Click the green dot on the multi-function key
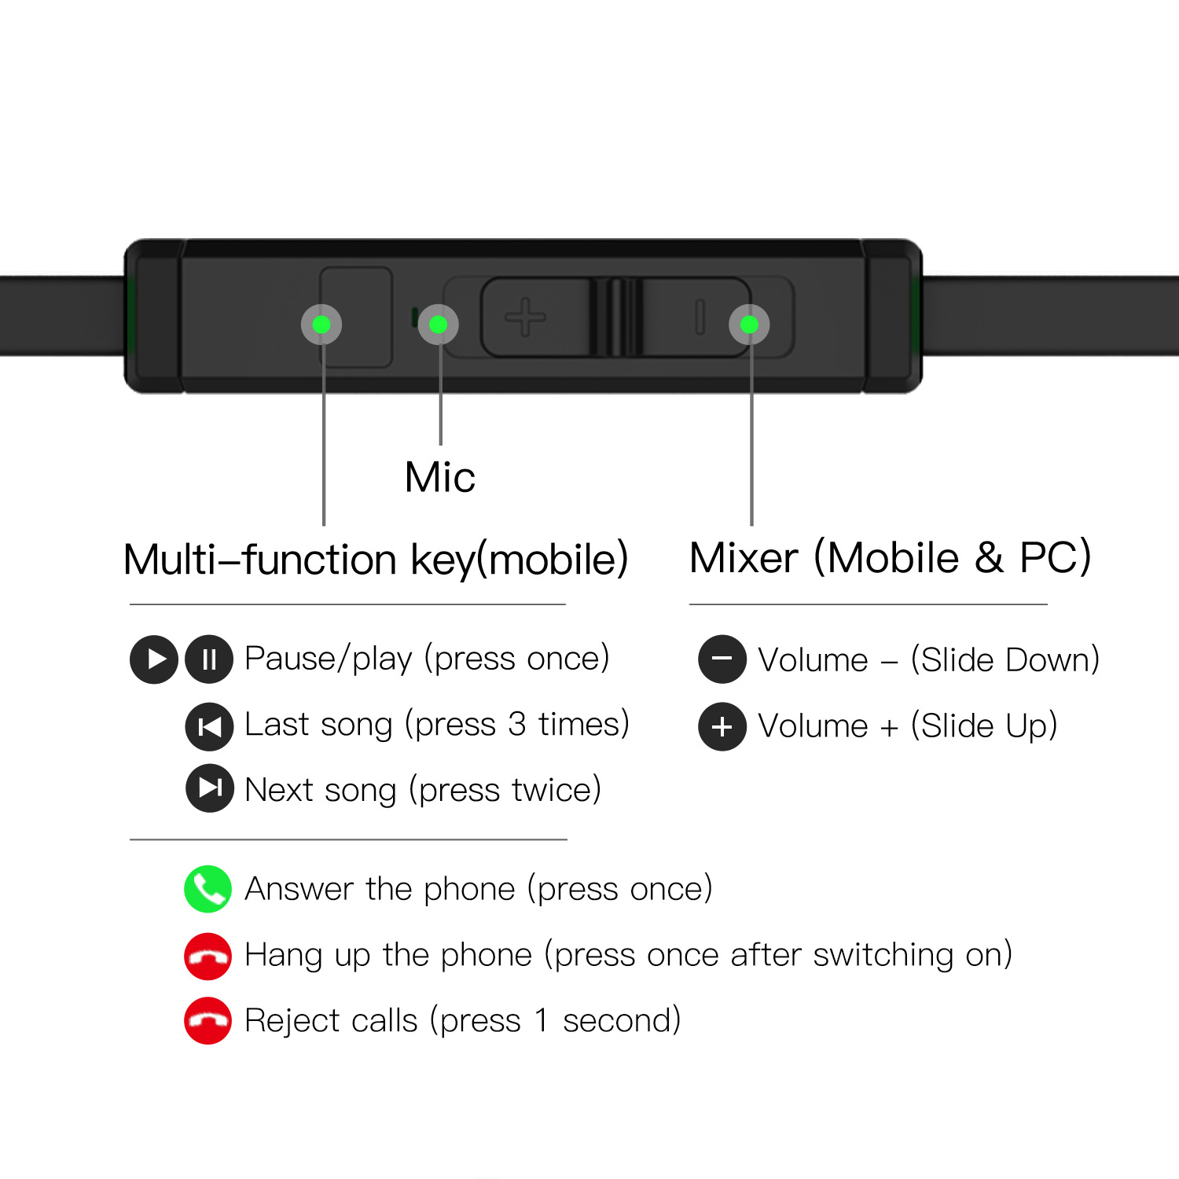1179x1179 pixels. (321, 325)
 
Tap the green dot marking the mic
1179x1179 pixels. (439, 325)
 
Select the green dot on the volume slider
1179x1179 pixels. (749, 325)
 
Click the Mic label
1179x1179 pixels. (439, 477)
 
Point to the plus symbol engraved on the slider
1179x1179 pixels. (525, 318)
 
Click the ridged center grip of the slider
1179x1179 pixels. (615, 318)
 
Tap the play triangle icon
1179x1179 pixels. (154, 659)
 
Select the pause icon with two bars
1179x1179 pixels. (209, 659)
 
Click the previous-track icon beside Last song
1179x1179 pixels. (209, 726)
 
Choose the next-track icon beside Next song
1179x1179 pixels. (209, 788)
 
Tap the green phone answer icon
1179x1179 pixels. (208, 889)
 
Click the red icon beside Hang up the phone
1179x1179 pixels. (208, 957)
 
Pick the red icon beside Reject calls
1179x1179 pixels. (208, 1021)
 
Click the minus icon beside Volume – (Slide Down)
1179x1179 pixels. (722, 659)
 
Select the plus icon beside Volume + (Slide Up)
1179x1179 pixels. (722, 726)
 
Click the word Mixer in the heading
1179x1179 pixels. (744, 558)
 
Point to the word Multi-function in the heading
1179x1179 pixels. (260, 560)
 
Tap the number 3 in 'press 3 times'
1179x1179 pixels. (516, 724)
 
